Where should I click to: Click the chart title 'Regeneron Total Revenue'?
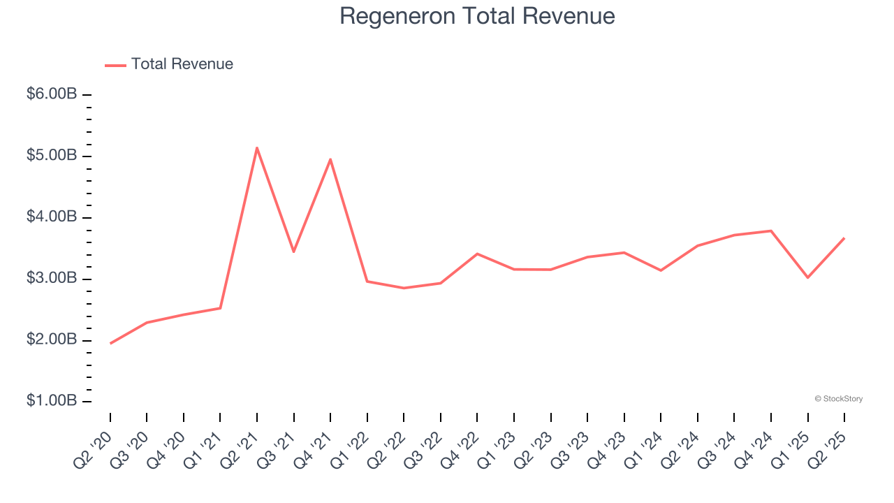point(477,16)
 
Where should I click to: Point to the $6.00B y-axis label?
point(51,94)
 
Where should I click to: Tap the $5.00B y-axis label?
point(51,155)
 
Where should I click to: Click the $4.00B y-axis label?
point(51,217)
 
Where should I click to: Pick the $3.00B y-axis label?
point(51,279)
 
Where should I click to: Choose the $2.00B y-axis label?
point(51,340)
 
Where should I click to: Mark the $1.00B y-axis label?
point(51,402)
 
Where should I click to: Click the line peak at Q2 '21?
point(257,147)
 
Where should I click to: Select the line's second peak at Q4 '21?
point(330,159)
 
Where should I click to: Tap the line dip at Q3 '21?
point(293,251)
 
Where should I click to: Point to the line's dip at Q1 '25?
point(807,277)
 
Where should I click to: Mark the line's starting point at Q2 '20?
point(110,343)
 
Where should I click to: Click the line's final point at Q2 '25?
point(844,238)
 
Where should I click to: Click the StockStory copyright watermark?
point(838,399)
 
